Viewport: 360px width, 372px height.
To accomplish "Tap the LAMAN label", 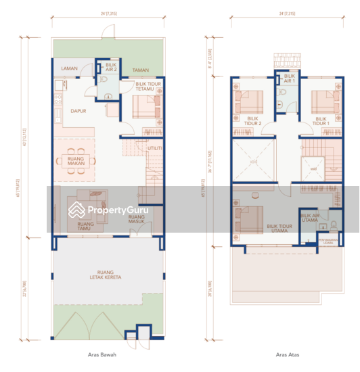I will point(69,69).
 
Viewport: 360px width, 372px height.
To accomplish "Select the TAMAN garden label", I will point(140,70).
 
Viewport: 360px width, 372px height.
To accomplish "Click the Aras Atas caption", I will point(287,354).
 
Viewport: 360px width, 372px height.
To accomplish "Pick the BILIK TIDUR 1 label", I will point(321,121).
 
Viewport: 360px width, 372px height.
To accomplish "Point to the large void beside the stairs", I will point(254,160).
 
